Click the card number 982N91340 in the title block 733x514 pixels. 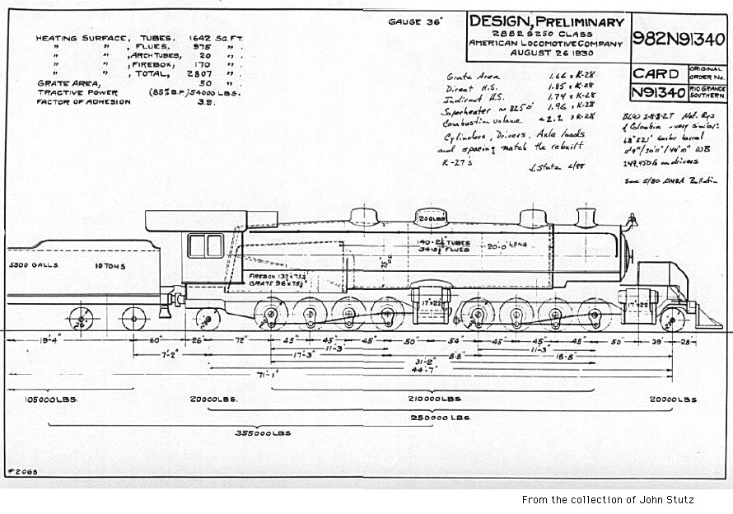pos(679,38)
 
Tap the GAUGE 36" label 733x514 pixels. pos(416,21)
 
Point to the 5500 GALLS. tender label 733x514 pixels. pos(30,266)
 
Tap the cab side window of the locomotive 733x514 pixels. pos(205,245)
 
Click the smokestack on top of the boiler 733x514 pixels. pos(585,218)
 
